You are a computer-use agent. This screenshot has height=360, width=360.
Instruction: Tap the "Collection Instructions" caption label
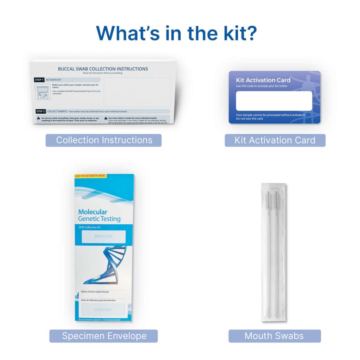pyautogui.click(x=104, y=140)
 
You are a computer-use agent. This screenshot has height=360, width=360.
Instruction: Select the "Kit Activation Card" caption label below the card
pyautogui.click(x=275, y=140)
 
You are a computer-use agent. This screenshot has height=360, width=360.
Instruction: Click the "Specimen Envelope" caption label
pyautogui.click(x=104, y=336)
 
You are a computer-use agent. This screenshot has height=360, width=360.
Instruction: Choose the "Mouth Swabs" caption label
pyautogui.click(x=274, y=336)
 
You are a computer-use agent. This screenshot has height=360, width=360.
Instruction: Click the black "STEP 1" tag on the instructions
pyautogui.click(x=39, y=80)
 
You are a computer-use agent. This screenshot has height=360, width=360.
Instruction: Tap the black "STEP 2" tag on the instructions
pyautogui.click(x=40, y=111)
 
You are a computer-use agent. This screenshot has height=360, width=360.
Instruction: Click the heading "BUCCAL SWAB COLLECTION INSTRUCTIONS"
pyautogui.click(x=103, y=69)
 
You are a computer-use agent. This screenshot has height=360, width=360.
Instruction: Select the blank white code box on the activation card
pyautogui.click(x=274, y=101)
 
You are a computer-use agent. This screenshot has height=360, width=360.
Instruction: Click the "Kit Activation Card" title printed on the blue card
pyautogui.click(x=263, y=80)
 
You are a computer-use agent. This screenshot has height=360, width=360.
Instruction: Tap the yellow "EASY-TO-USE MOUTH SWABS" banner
pyautogui.click(x=90, y=176)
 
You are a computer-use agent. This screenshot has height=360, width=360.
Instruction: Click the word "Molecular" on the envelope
pyautogui.click(x=92, y=212)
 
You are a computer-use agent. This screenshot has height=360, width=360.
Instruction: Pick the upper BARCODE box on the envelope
pyautogui.click(x=103, y=236)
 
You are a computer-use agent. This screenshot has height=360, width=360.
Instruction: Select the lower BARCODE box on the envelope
pyautogui.click(x=103, y=310)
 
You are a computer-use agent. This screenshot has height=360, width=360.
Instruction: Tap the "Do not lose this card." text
pyautogui.click(x=250, y=119)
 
